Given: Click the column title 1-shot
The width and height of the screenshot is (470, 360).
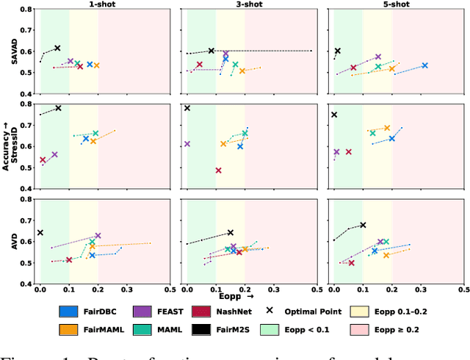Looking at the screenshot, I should tap(104, 4).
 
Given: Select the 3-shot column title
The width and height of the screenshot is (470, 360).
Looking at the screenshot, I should tap(250, 4).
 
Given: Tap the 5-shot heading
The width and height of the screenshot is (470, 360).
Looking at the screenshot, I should tap(397, 4).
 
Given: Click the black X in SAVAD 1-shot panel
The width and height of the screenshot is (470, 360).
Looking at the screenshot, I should tap(57, 48).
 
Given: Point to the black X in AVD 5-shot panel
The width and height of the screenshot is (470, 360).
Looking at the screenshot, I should tap(363, 225).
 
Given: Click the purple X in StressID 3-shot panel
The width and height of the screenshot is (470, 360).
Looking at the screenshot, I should tap(187, 144).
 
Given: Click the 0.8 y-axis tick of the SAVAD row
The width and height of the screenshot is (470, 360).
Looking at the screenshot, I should tap(26, 10).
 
